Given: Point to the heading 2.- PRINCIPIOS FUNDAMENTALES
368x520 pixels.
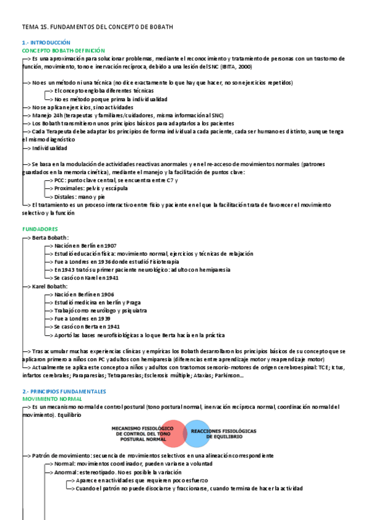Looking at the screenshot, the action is tap(64, 391).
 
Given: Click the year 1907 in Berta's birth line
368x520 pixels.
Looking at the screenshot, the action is tap(111, 245).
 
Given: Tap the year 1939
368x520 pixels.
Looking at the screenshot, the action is tap(103, 319).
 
